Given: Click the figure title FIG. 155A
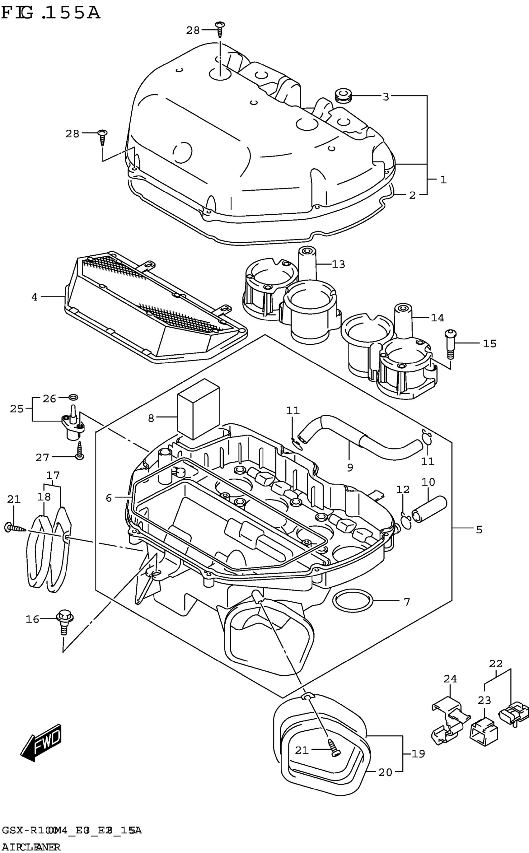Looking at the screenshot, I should click(x=50, y=13).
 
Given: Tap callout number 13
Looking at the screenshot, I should click(x=338, y=264).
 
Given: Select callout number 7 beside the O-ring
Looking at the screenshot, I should click(x=406, y=602).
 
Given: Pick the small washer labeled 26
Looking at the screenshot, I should click(x=73, y=397).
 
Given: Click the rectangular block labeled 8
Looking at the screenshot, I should click(x=199, y=409).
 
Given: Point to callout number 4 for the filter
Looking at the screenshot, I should click(x=34, y=297).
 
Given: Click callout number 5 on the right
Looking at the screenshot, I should click(x=479, y=529).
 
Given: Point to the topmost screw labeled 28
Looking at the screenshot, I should click(x=220, y=29).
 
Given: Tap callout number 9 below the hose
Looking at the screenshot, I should click(x=350, y=467).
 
